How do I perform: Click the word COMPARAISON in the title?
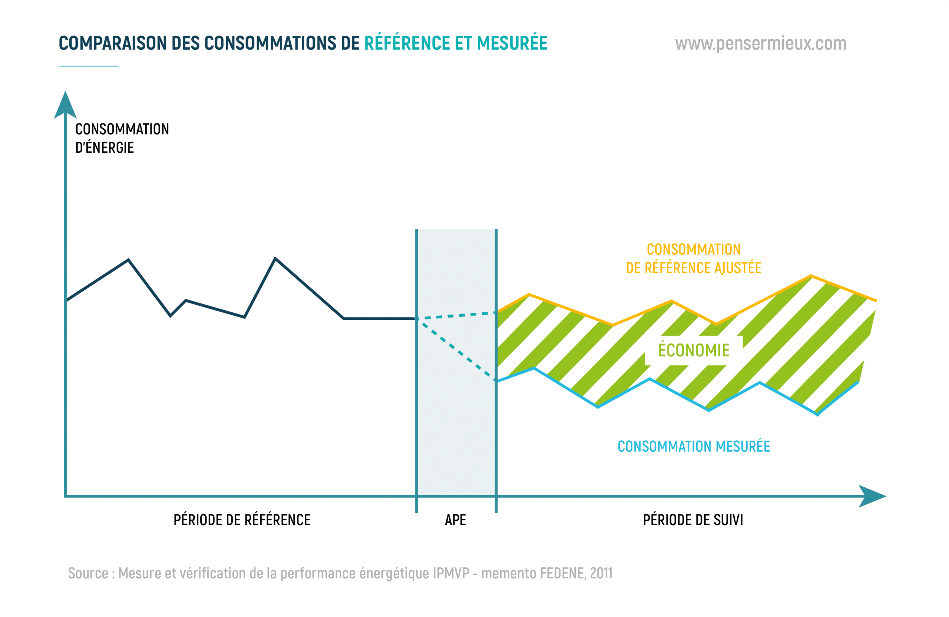pyautogui.click(x=112, y=43)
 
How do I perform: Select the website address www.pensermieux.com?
pyautogui.click(x=760, y=43)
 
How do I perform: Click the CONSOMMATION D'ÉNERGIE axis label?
pyautogui.click(x=122, y=138)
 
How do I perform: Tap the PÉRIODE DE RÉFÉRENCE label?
pyautogui.click(x=242, y=520)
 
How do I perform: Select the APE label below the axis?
pyautogui.click(x=455, y=520)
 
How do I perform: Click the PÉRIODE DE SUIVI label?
pyautogui.click(x=692, y=520)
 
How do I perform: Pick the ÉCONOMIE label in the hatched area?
pyautogui.click(x=694, y=350)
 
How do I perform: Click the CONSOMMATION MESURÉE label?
pyautogui.click(x=694, y=447)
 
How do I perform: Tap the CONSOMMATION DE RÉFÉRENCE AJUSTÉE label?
pyautogui.click(x=694, y=259)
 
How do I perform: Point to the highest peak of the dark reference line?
pyautogui.click(x=275, y=259)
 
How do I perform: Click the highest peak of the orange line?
pyautogui.click(x=811, y=276)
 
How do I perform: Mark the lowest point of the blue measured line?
pyautogui.click(x=817, y=415)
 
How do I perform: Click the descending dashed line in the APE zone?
pyautogui.click(x=457, y=350)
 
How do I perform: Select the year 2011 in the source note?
pyautogui.click(x=601, y=573)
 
